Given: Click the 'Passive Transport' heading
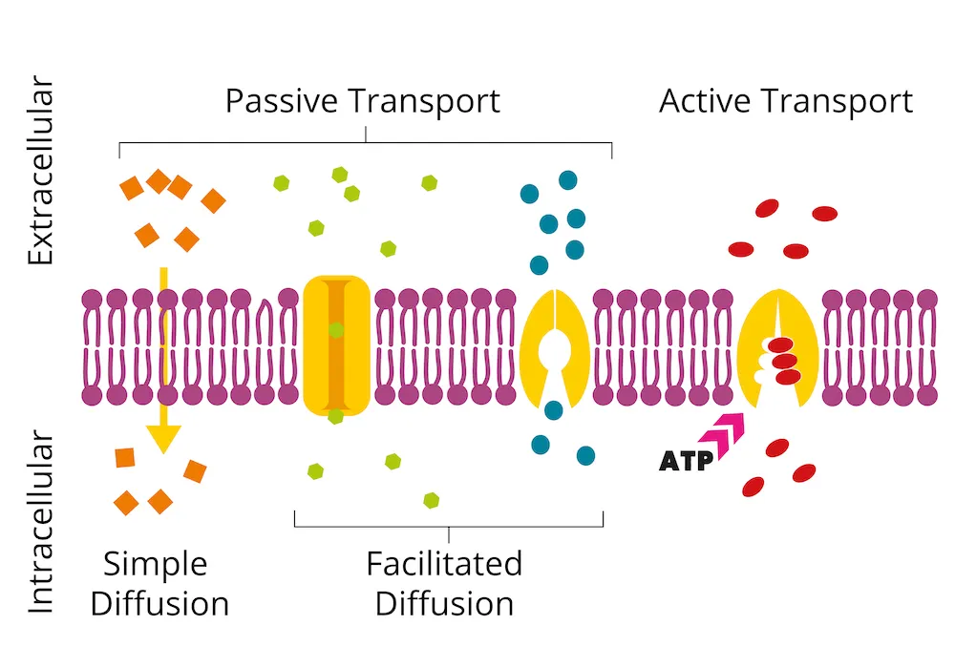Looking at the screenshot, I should [363, 101].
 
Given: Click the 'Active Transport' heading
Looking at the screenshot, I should [785, 101].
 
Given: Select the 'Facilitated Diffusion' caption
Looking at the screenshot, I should [444, 583].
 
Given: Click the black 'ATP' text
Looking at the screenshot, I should [686, 462].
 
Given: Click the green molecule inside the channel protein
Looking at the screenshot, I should [336, 330].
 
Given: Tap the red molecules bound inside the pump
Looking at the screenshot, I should [784, 361].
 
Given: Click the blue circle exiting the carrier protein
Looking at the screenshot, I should [553, 410].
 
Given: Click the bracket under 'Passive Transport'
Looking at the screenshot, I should [366, 143].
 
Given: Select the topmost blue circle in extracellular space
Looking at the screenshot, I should [568, 179].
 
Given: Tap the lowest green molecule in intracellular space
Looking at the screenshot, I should [432, 499].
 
